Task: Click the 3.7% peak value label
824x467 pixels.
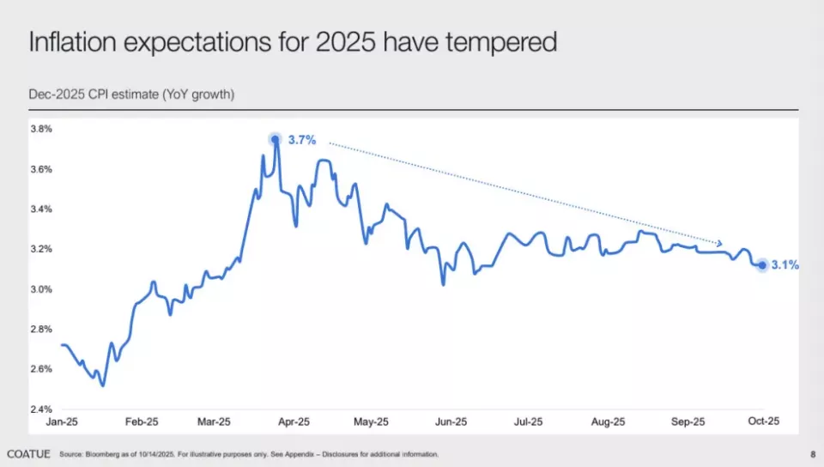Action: click(303, 140)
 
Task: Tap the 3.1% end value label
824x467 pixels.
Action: click(785, 265)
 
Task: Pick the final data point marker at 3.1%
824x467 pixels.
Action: click(761, 265)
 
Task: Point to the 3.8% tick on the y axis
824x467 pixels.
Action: click(41, 129)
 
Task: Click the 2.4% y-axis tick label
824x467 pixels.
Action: click(41, 409)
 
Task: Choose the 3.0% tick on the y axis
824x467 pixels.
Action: click(41, 289)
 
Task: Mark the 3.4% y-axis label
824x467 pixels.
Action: click(41, 209)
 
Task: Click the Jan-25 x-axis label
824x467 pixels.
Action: click(62, 422)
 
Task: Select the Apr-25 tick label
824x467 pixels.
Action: click(294, 422)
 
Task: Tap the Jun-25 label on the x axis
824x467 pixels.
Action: click(451, 422)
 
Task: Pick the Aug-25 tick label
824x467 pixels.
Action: click(608, 422)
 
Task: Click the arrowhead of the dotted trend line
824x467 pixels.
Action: click(719, 244)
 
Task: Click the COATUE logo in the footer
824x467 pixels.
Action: click(28, 453)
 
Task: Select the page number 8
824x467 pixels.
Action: click(812, 453)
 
